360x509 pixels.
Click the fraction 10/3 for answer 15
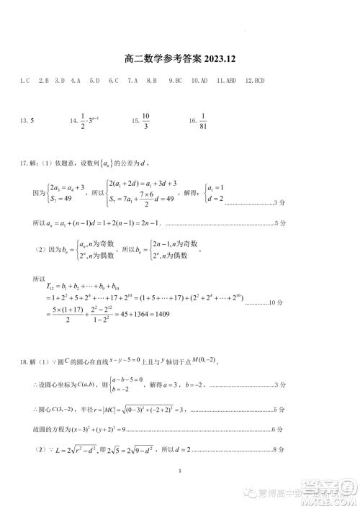coord(145,120)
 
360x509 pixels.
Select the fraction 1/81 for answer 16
coord(204,120)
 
